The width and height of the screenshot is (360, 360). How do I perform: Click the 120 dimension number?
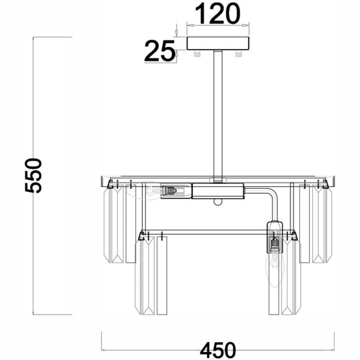[218, 14]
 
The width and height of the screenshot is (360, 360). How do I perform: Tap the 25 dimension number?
[160, 51]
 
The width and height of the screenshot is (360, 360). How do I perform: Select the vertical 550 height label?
[34, 176]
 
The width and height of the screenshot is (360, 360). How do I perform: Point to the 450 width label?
[218, 350]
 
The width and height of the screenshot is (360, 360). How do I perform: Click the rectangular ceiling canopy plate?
[218, 43]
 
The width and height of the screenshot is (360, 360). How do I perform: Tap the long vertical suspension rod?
[218, 116]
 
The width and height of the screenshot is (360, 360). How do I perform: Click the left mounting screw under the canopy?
[197, 54]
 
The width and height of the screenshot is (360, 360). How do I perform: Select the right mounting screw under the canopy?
[239, 54]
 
